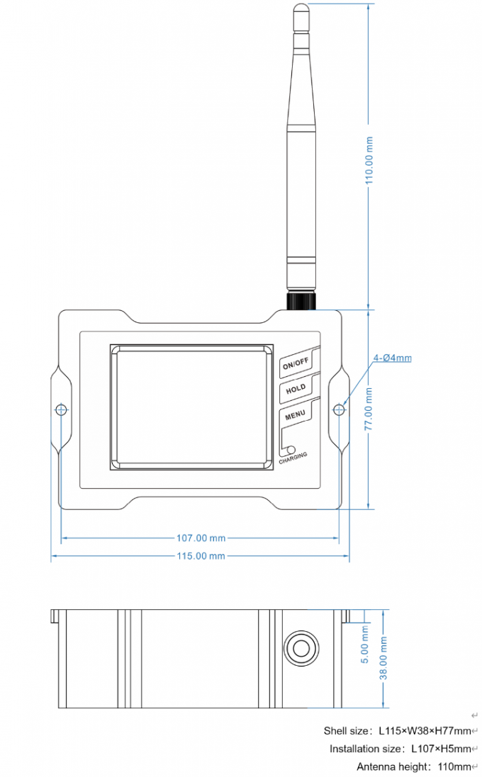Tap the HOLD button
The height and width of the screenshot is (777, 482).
coord(296,389)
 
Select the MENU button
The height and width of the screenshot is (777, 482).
coord(295,415)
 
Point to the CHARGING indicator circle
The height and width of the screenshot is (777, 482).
coord(291,449)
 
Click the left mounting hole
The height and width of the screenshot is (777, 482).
coord(61,409)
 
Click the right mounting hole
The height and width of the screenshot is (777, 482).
coord(340,409)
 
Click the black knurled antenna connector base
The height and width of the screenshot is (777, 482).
coord(301,300)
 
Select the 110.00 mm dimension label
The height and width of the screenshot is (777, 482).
coord(369,159)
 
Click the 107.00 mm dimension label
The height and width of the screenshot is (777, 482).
coord(201,538)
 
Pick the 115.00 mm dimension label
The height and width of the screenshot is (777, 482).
coord(201,556)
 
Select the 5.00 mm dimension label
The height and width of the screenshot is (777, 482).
coord(365,644)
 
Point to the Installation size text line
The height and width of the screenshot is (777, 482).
coord(400,749)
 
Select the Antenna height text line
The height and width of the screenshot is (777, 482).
coord(413,766)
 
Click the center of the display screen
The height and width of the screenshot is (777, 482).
coord(191,408)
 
